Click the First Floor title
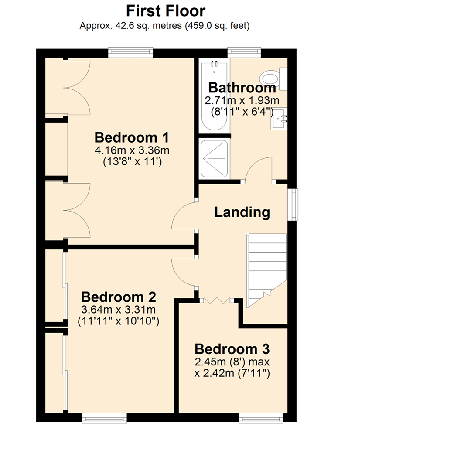[165, 10]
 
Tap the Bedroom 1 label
[132, 138]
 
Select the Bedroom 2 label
[119, 297]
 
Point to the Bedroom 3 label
[232, 349]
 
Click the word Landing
[242, 212]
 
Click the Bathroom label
[242, 88]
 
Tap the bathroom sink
[279, 119]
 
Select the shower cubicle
[214, 158]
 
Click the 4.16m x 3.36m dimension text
[132, 151]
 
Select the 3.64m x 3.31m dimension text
[119, 310]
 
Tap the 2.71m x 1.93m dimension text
[242, 101]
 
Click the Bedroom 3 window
[261, 418]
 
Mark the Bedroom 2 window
[104, 418]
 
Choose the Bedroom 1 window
[131, 52]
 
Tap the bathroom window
[244, 52]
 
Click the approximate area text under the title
[164, 26]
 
